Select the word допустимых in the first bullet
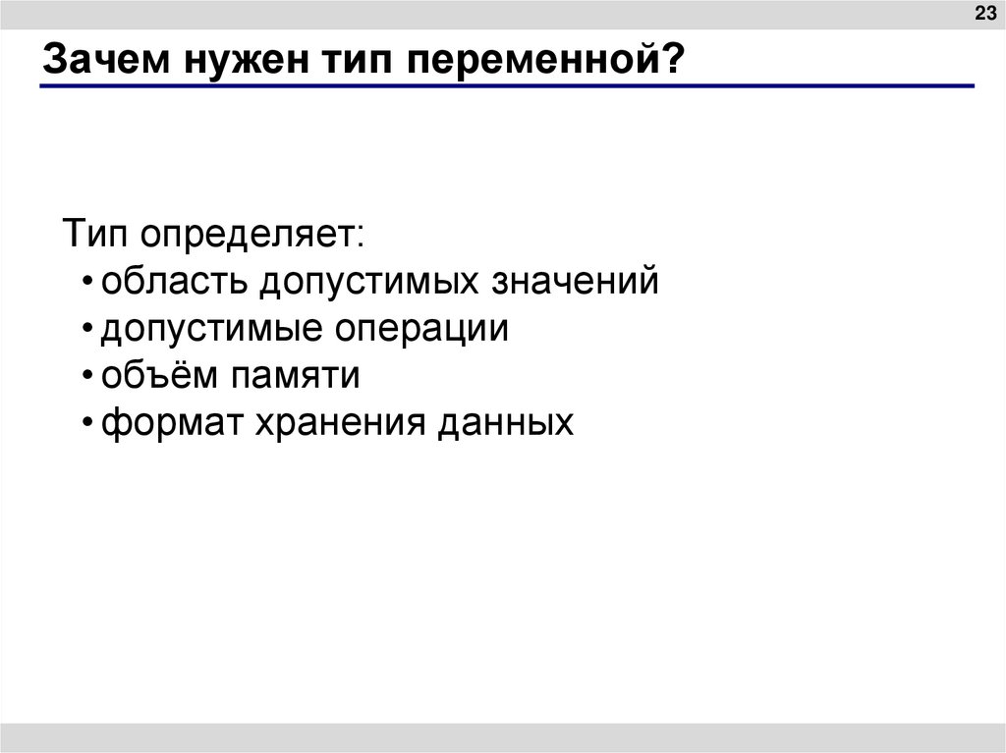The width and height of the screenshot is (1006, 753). (363, 283)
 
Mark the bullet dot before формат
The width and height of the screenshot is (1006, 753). (88, 425)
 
